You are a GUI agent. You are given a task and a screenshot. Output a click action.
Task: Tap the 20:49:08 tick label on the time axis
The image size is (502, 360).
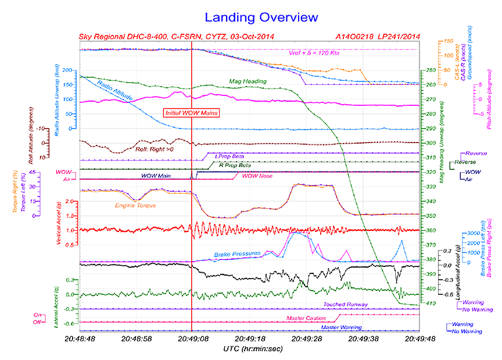point(192,338)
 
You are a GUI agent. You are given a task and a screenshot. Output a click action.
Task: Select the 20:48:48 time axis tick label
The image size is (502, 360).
point(79,338)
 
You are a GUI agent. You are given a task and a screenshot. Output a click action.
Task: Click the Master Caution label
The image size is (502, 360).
point(310,318)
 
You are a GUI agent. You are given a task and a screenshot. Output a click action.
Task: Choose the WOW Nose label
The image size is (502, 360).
point(257,176)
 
